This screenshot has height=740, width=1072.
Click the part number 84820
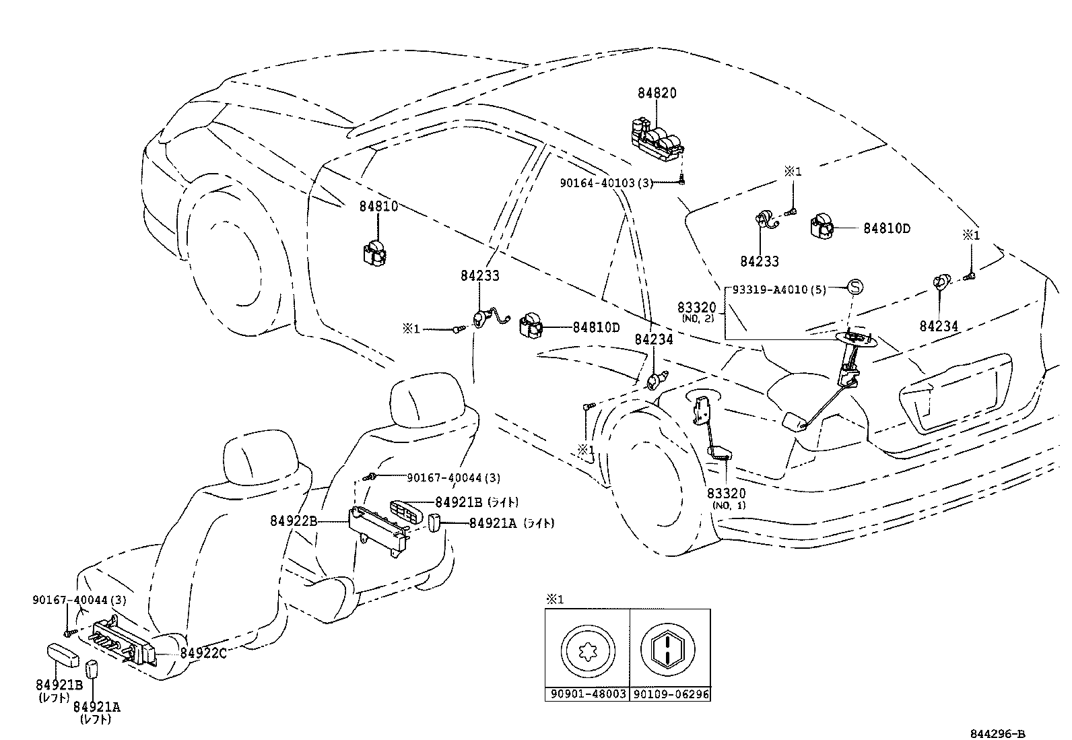point(657,94)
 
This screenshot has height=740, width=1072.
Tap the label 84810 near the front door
point(378,207)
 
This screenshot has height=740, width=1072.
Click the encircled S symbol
point(854,288)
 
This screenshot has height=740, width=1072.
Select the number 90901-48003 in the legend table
point(587,694)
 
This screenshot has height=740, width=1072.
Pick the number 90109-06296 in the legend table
point(671,694)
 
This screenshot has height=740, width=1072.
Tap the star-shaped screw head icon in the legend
point(587,650)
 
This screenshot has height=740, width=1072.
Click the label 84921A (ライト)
point(512,523)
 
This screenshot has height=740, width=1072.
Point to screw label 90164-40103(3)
point(607,182)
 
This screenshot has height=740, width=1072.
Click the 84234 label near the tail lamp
point(939,327)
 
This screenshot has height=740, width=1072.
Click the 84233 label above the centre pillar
point(480,275)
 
